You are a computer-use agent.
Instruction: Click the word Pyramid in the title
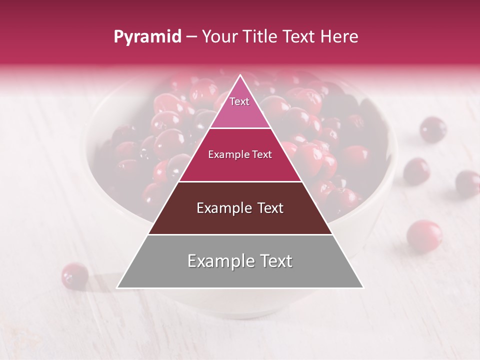point(147,37)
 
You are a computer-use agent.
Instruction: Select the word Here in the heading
point(339,36)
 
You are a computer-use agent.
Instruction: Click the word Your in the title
point(218,36)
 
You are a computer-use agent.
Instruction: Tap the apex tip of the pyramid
point(240,76)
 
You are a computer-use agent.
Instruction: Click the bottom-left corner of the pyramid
point(118,287)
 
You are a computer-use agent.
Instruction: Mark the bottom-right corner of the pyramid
point(362,287)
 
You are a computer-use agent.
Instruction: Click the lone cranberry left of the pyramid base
point(75,275)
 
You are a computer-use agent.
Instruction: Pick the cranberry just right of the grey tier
point(424,234)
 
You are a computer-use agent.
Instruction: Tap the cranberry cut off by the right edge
point(468,183)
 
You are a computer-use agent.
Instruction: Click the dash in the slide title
point(191,37)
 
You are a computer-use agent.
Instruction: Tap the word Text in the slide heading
point(299,36)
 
